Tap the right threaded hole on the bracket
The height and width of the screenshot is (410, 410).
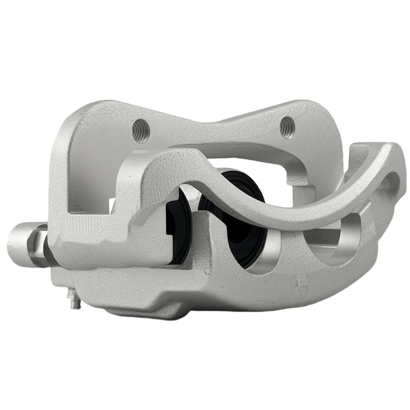pos(287,126)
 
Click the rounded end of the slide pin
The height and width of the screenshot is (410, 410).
pos(18,247)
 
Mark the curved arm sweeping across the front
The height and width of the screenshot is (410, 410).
pos(273,198)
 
